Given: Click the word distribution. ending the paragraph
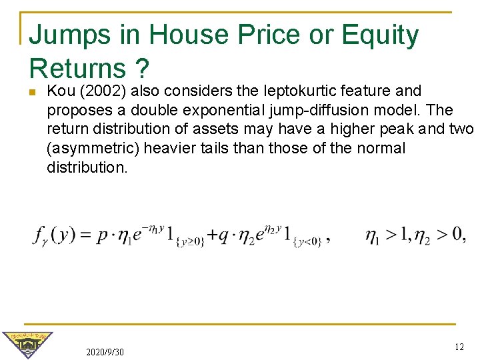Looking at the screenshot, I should click(87, 167).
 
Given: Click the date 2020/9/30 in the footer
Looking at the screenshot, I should click(105, 351).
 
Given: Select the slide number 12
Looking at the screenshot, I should click(459, 347).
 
